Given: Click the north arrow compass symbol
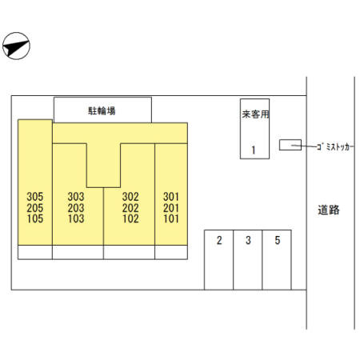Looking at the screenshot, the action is pos(16,46).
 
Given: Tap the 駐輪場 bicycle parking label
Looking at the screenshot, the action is pos(102,110).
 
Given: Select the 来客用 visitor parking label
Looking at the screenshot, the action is pos(255,114).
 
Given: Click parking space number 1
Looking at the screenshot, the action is pos(254,150).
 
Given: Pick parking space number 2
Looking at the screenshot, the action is pos(219,240).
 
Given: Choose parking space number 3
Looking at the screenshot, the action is pos(248,240).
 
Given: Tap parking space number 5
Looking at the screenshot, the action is pos(278,240).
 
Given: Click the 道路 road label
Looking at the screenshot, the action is pos(329,210).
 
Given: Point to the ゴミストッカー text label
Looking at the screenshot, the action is pos(334,146).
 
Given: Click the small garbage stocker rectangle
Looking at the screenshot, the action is pos(290,145).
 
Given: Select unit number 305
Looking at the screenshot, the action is pos(35,197).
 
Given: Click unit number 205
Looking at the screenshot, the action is pos(35,208).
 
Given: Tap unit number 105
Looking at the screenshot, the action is pos(35,218).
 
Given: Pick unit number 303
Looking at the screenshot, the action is pos(76,197).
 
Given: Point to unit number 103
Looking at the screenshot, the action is pos(76,218).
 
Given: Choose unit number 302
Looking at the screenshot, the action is pos(130,197).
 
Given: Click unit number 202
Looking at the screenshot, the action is pos(130,208).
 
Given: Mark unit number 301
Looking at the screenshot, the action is pos(171,197).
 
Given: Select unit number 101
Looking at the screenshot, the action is pos(171,218).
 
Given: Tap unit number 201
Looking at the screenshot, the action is pos(171,208).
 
